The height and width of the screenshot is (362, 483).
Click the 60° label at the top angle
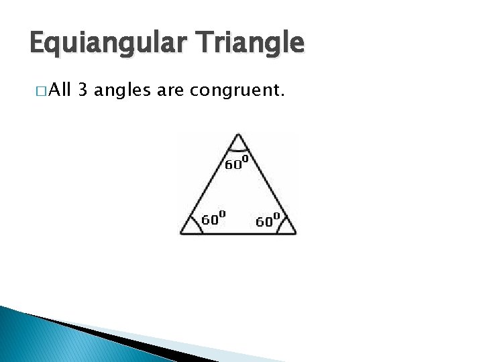click(237, 163)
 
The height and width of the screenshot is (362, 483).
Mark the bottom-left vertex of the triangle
click(180, 233)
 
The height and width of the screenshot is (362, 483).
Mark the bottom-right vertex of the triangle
click(295, 233)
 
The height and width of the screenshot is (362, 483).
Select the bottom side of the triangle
click(238, 233)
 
